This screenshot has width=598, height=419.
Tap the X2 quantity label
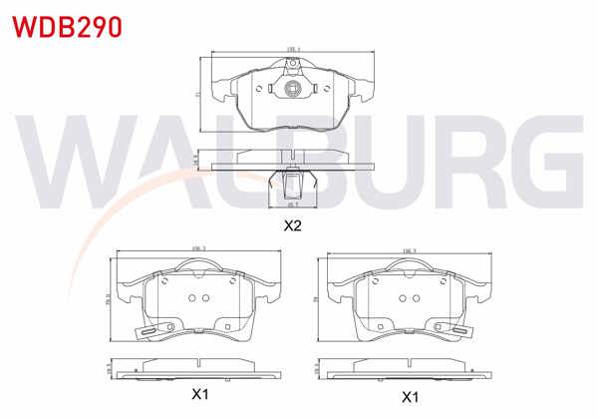coord(292,225)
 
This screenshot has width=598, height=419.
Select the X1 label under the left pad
coord(200,396)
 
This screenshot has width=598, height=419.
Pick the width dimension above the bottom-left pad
coord(196,249)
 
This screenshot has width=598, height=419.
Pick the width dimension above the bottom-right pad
coord(408,249)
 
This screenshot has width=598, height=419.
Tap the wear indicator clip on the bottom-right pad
coord(459,332)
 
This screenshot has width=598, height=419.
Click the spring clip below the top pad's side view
coord(292,184)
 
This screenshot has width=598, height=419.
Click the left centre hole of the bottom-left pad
coord(194,298)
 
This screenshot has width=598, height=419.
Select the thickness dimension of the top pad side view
coord(196,159)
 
